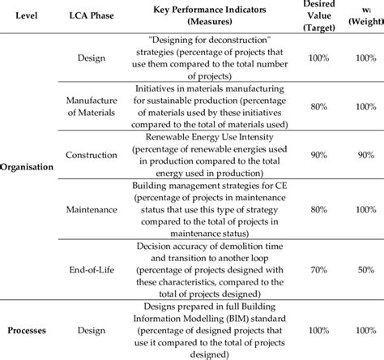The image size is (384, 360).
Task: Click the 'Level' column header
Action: [x=28, y=16]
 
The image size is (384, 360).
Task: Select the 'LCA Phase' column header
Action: [x=91, y=16]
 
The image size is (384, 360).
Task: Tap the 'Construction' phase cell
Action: [x=91, y=155]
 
